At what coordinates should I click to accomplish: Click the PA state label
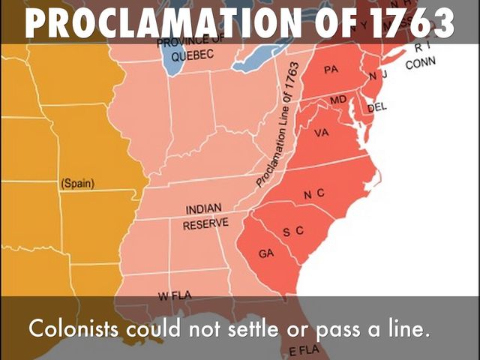[331, 70]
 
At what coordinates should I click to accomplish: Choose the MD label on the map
[338, 99]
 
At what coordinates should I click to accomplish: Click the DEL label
[376, 106]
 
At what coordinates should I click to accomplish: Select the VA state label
[322, 133]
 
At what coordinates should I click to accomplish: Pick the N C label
[314, 194]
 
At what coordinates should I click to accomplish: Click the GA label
[266, 253]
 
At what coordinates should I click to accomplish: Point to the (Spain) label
[76, 182]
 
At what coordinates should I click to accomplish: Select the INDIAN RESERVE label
[205, 216]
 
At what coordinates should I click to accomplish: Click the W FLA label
[174, 295]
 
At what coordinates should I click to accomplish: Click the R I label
[421, 48]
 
